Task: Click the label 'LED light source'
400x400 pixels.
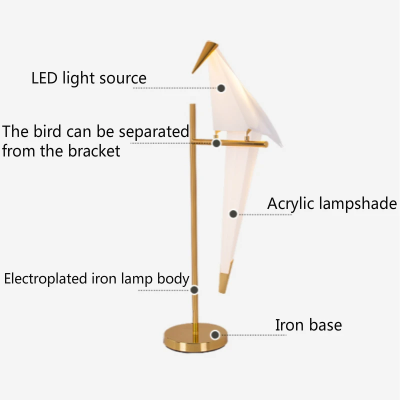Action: [x=89, y=78]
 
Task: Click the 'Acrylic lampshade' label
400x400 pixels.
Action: [x=331, y=204]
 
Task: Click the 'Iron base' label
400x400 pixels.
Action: [x=308, y=325]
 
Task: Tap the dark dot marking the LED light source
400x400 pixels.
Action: [x=221, y=88]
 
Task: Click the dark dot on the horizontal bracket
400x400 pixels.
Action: [x=216, y=143]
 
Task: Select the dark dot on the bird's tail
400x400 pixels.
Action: [x=233, y=214]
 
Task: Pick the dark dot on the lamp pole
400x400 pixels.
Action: [x=194, y=289]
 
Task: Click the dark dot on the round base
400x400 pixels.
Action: [x=215, y=335]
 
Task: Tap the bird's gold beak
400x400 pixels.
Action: [x=206, y=56]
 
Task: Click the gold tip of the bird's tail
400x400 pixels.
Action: [x=224, y=282]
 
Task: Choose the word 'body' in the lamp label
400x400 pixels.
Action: [x=173, y=279]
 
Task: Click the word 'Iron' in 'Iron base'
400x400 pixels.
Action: [x=288, y=325]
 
